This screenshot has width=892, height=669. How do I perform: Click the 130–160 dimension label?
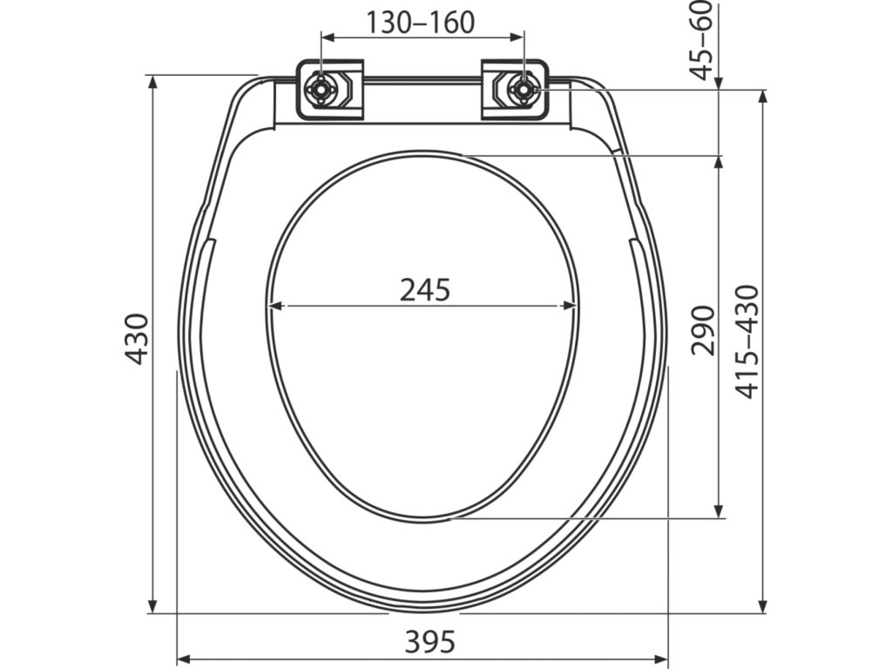[x=420, y=23]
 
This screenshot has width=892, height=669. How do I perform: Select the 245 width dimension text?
[x=425, y=289]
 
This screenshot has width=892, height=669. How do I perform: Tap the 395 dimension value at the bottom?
[x=430, y=642]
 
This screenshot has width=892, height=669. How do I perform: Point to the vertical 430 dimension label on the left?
[x=137, y=339]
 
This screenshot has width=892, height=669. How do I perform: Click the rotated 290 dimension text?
[x=703, y=330]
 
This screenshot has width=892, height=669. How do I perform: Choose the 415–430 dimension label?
[x=747, y=341]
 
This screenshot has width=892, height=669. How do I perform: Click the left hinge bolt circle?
[x=321, y=90]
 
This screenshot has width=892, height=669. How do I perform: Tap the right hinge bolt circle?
[x=522, y=90]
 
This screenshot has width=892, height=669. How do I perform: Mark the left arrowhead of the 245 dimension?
[x=275, y=306]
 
